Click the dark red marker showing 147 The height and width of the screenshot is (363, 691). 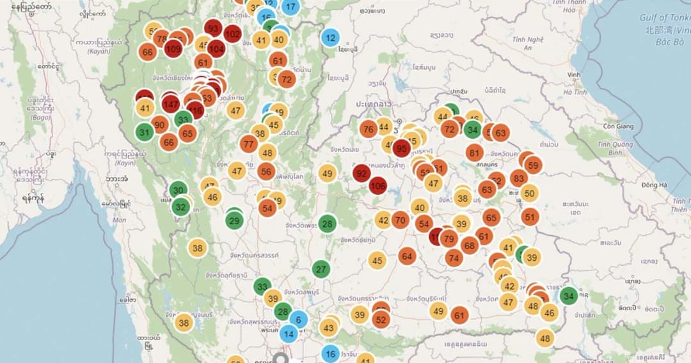pyautogui.click(x=170, y=104)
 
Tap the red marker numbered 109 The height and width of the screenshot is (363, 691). pyautogui.click(x=173, y=48)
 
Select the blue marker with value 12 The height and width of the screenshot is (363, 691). pyautogui.click(x=330, y=38)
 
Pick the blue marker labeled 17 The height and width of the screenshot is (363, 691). pyautogui.click(x=290, y=8)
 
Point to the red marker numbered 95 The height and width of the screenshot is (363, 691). pyautogui.click(x=402, y=148)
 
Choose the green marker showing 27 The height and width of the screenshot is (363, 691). pyautogui.click(x=321, y=269)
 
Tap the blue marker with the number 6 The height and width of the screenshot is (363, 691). pyautogui.click(x=298, y=320)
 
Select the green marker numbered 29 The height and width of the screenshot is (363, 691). pyautogui.click(x=234, y=220)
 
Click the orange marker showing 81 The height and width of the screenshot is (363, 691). pyautogui.click(x=474, y=153)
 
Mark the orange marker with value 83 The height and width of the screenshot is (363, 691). pyautogui.click(x=519, y=178)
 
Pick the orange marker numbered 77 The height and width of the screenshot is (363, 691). pyautogui.click(x=248, y=144)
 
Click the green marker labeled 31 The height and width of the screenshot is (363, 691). pyautogui.click(x=145, y=132)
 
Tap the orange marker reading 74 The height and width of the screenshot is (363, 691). pyautogui.click(x=454, y=258)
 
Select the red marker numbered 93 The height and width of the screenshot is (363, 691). pyautogui.click(x=213, y=29)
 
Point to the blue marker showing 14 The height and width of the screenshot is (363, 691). pyautogui.click(x=289, y=333)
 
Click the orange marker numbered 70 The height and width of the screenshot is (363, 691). pyautogui.click(x=401, y=220)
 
